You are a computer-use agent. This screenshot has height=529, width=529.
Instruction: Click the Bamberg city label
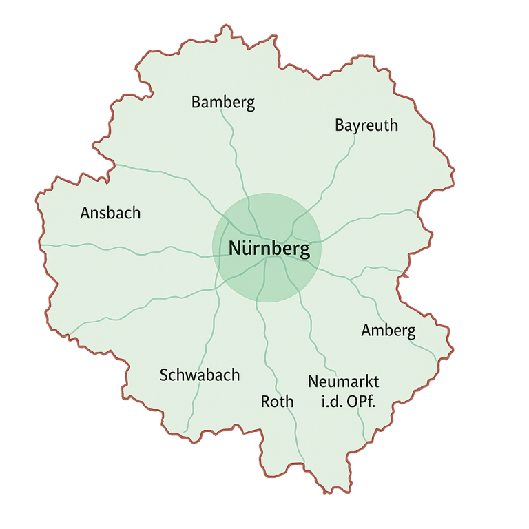tap(222, 103)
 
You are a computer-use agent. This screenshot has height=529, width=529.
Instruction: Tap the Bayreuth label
tap(366, 125)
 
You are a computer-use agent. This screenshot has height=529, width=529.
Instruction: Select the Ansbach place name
tap(110, 213)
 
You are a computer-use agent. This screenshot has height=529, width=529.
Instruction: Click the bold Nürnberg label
tap(264, 249)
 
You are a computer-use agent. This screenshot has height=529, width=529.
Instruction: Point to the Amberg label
tap(388, 331)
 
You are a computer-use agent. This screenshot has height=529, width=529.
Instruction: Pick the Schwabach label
tap(199, 375)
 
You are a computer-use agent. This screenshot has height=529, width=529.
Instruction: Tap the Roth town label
tap(277, 401)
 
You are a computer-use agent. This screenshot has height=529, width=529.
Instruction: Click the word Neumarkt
tap(343, 382)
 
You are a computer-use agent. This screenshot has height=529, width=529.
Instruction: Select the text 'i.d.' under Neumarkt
tap(332, 402)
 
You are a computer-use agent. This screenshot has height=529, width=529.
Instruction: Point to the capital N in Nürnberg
tap(235, 249)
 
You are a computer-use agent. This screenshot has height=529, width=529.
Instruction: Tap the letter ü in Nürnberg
tap(247, 249)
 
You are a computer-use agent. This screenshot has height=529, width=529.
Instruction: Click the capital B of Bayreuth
tap(340, 125)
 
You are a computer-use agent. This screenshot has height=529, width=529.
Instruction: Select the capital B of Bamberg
tap(196, 103)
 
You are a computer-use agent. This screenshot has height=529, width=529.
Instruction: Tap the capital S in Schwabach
tap(164, 375)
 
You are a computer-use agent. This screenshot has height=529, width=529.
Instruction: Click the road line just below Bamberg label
tap(225, 121)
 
